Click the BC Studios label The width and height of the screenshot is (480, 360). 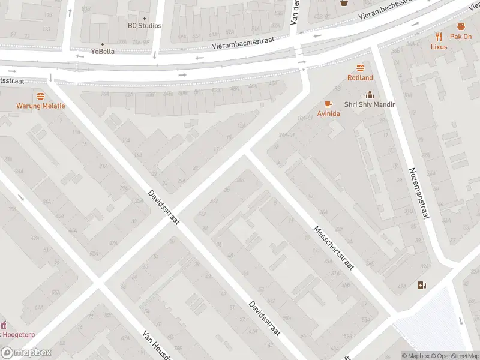tap(145, 26)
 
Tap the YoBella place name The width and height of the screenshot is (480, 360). tap(102, 52)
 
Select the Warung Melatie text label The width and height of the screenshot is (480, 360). tap(41, 106)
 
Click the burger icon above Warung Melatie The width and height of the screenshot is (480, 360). tap(41, 96)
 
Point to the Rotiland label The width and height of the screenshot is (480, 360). tap(360, 77)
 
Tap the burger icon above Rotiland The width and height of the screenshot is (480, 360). tap(360, 67)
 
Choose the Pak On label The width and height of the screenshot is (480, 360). tap(461, 37)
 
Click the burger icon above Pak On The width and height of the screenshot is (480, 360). tap(461, 26)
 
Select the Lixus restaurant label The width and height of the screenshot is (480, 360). tap(440, 46)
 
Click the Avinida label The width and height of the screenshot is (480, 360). tap(328, 113)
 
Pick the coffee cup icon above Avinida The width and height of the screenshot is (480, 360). tap(328, 103)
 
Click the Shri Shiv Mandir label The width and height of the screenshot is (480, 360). tap(370, 104)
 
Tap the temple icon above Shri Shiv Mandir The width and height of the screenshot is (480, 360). tap(370, 94)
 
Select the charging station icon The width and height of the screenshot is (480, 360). tap(422, 285)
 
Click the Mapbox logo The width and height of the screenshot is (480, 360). tap(26, 353)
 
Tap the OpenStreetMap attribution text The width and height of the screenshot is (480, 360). tap(451, 356)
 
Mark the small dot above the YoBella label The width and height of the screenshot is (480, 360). tap(102, 44)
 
